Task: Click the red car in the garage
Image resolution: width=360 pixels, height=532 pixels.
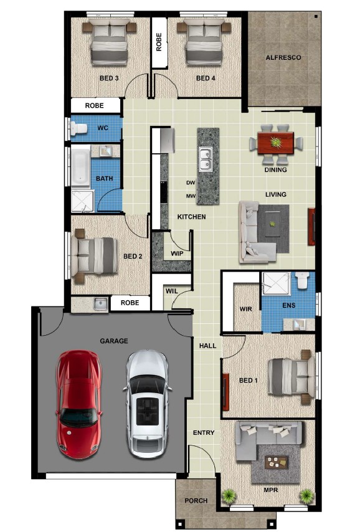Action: tap(78, 404)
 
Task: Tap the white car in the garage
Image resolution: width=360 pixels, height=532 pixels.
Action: tap(147, 404)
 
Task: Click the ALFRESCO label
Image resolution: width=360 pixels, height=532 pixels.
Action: tap(283, 58)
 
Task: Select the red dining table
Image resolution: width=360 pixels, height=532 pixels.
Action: tap(275, 143)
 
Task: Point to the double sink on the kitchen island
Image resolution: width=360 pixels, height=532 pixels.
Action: tap(204, 159)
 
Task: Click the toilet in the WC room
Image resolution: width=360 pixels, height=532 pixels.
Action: tap(78, 128)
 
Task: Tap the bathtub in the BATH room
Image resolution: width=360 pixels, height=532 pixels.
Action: tap(80, 166)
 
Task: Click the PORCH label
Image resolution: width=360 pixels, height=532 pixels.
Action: tap(196, 500)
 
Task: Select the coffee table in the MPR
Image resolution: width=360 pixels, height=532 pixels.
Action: tap(276, 462)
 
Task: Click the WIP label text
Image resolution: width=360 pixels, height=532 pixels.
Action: tap(177, 254)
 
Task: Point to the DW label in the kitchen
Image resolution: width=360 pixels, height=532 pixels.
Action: tap(191, 183)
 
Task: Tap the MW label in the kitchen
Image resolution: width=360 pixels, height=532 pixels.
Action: tap(191, 196)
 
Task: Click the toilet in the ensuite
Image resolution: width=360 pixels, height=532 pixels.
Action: tap(301, 280)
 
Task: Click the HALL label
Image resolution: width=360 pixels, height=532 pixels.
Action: tap(207, 346)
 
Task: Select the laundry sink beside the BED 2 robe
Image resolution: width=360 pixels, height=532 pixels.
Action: tap(100, 304)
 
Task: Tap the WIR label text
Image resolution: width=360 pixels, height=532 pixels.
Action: tap(245, 309)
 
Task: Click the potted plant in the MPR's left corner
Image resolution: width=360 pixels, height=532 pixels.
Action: tap(229, 496)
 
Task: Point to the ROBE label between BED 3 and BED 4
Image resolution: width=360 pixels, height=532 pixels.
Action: tap(159, 42)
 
